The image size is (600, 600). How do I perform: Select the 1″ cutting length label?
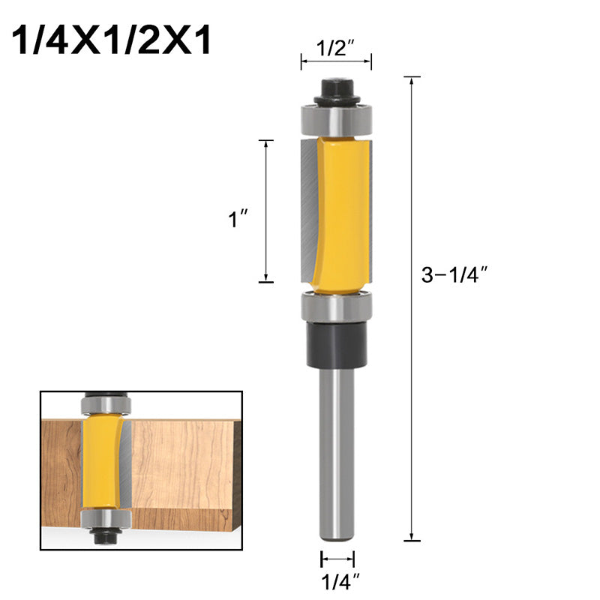(x=238, y=220)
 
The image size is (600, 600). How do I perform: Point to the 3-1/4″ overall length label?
(x=454, y=275)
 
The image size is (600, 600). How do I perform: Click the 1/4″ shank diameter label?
(x=337, y=580)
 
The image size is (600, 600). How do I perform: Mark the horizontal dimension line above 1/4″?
(x=337, y=559)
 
